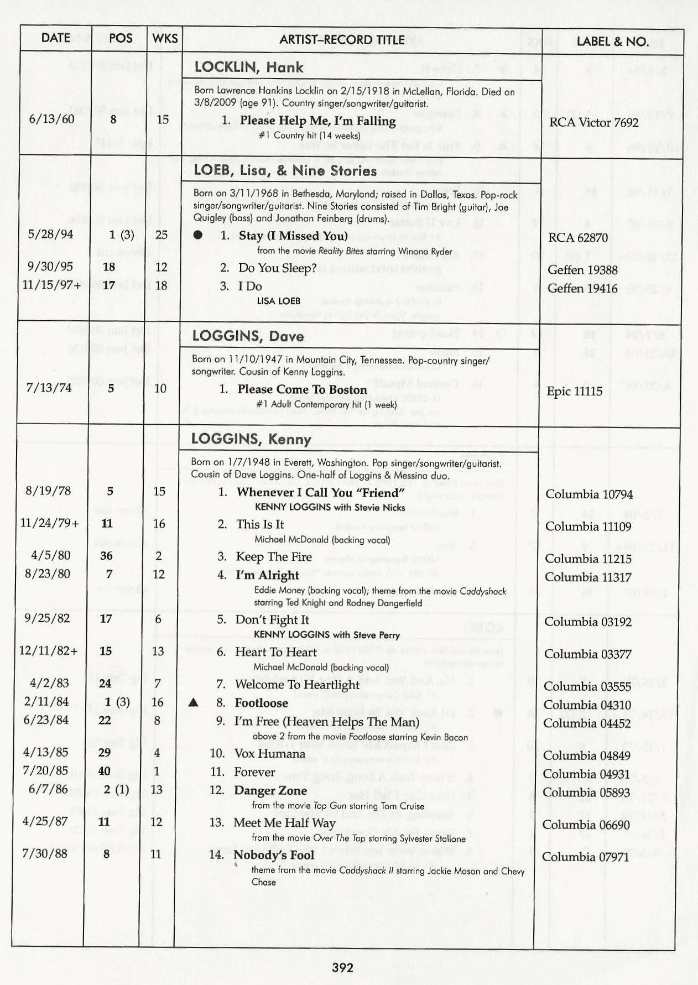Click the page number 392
pyautogui.click(x=342, y=967)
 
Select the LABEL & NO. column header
pyautogui.click(x=612, y=41)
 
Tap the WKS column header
pyautogui.click(x=165, y=38)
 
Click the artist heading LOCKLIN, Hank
pyautogui.click(x=249, y=67)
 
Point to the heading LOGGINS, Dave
pyautogui.click(x=247, y=336)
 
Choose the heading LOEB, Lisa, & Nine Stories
pyautogui.click(x=285, y=171)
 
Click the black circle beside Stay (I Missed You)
pyautogui.click(x=198, y=235)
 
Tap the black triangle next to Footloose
pyautogui.click(x=193, y=703)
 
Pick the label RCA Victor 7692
pyautogui.click(x=594, y=122)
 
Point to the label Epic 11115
pyautogui.click(x=574, y=391)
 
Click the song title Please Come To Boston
pyautogui.click(x=302, y=389)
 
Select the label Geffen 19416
pyautogui.click(x=582, y=288)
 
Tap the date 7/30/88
pyautogui.click(x=44, y=853)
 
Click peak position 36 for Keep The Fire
pyautogui.click(x=106, y=556)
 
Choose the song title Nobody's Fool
pyautogui.click(x=273, y=855)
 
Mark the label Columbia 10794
pyautogui.click(x=588, y=494)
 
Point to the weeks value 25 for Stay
pyautogui.click(x=161, y=234)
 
